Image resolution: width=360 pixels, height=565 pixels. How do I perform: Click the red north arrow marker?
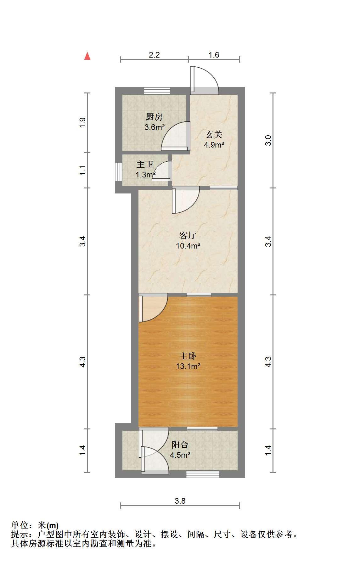pyautogui.click(x=87, y=56)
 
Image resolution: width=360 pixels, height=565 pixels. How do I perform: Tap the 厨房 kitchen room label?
pyautogui.click(x=154, y=117)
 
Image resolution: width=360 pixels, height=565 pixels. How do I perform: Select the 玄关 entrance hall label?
pyautogui.click(x=214, y=135)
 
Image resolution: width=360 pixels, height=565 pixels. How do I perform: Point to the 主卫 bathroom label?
pyautogui.click(x=145, y=165)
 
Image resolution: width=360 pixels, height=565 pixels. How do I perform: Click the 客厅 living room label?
pyautogui.click(x=188, y=235)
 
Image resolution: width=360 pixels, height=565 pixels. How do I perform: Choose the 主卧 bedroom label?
pyautogui.click(x=188, y=356)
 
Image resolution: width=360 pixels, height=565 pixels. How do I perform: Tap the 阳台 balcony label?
pyautogui.click(x=180, y=445)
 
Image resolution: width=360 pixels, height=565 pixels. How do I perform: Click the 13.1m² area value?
pyautogui.click(x=188, y=366)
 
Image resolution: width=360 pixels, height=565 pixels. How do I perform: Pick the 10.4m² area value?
pyautogui.click(x=188, y=246)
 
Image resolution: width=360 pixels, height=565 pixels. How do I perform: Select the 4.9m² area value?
pyautogui.click(x=214, y=145)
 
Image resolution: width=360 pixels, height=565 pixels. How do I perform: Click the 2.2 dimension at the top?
pyautogui.click(x=154, y=55)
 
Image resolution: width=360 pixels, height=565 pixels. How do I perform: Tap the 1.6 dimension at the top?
pyautogui.click(x=214, y=55)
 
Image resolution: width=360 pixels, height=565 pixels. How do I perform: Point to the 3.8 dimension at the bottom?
pyautogui.click(x=180, y=501)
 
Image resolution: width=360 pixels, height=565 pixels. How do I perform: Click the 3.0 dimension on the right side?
pyautogui.click(x=268, y=140)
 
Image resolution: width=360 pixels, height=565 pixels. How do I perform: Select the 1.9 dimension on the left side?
pyautogui.click(x=82, y=122)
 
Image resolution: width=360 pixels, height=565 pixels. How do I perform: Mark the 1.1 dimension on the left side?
pyautogui.click(x=82, y=171)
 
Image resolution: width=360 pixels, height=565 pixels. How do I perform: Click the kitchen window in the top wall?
pyautogui.click(x=157, y=91)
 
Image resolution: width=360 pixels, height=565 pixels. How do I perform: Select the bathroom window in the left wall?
pyautogui.click(x=118, y=171)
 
